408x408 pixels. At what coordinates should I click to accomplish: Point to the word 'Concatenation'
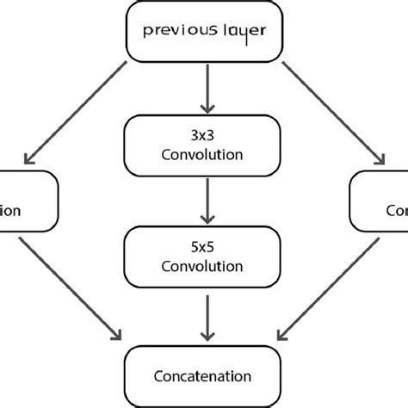(204, 376)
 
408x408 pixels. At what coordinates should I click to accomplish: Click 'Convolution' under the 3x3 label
(204, 156)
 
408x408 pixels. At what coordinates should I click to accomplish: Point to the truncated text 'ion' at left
(10, 210)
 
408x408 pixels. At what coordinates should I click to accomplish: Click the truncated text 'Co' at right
(395, 210)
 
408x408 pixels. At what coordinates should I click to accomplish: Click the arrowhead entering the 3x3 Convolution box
(204, 108)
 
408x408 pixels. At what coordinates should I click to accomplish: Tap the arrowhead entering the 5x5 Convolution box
(204, 217)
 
